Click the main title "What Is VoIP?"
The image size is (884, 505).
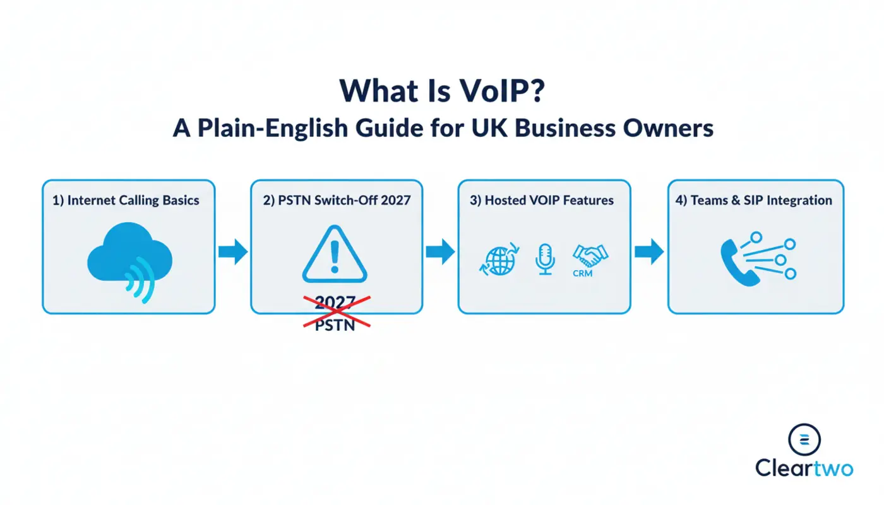pos(441,91)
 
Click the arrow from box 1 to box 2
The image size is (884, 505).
pos(233,251)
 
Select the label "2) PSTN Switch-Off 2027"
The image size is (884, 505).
pos(337,200)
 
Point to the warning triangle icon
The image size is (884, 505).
pos(335,256)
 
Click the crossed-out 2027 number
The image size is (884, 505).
pos(335,302)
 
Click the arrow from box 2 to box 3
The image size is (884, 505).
pos(440,251)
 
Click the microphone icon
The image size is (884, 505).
pos(545,259)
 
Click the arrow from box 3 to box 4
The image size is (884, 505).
pos(648,251)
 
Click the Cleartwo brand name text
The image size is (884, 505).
pos(804,468)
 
